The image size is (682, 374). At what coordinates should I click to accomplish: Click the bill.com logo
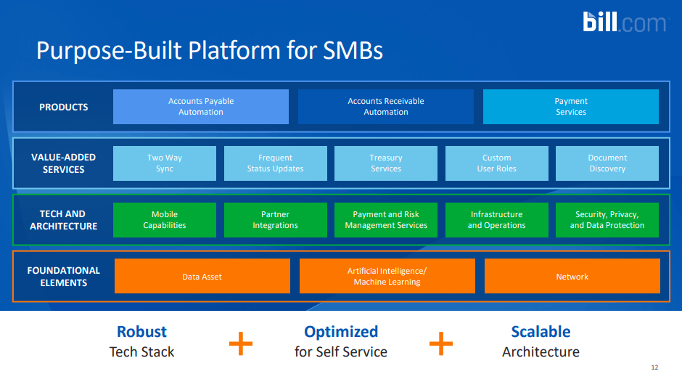(624, 23)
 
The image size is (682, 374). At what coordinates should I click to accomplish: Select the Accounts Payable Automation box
(201, 107)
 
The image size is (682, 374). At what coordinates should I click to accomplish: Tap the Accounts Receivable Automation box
(386, 107)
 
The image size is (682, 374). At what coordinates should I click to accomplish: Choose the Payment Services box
(571, 107)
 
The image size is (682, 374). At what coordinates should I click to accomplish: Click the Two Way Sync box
(165, 163)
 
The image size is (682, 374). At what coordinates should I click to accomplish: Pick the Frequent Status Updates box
(275, 163)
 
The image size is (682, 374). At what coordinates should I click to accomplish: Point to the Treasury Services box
(386, 163)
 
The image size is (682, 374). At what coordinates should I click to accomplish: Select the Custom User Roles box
(496, 163)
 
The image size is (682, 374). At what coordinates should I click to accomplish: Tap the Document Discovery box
(607, 163)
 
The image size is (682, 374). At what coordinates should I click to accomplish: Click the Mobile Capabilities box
(165, 220)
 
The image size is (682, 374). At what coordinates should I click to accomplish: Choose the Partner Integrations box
(275, 220)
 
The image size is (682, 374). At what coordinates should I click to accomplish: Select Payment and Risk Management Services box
(386, 220)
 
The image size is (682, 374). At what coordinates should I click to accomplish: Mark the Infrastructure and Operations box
(496, 220)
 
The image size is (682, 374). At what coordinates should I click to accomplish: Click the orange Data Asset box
(202, 277)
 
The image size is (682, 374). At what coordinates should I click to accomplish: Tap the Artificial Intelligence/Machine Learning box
(387, 277)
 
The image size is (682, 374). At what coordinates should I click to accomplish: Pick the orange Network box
(572, 277)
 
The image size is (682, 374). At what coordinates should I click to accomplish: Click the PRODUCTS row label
(64, 107)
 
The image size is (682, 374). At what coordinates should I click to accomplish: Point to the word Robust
(142, 332)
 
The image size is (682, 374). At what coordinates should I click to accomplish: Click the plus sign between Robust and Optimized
(241, 343)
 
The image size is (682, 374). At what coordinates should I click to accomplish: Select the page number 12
(656, 367)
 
